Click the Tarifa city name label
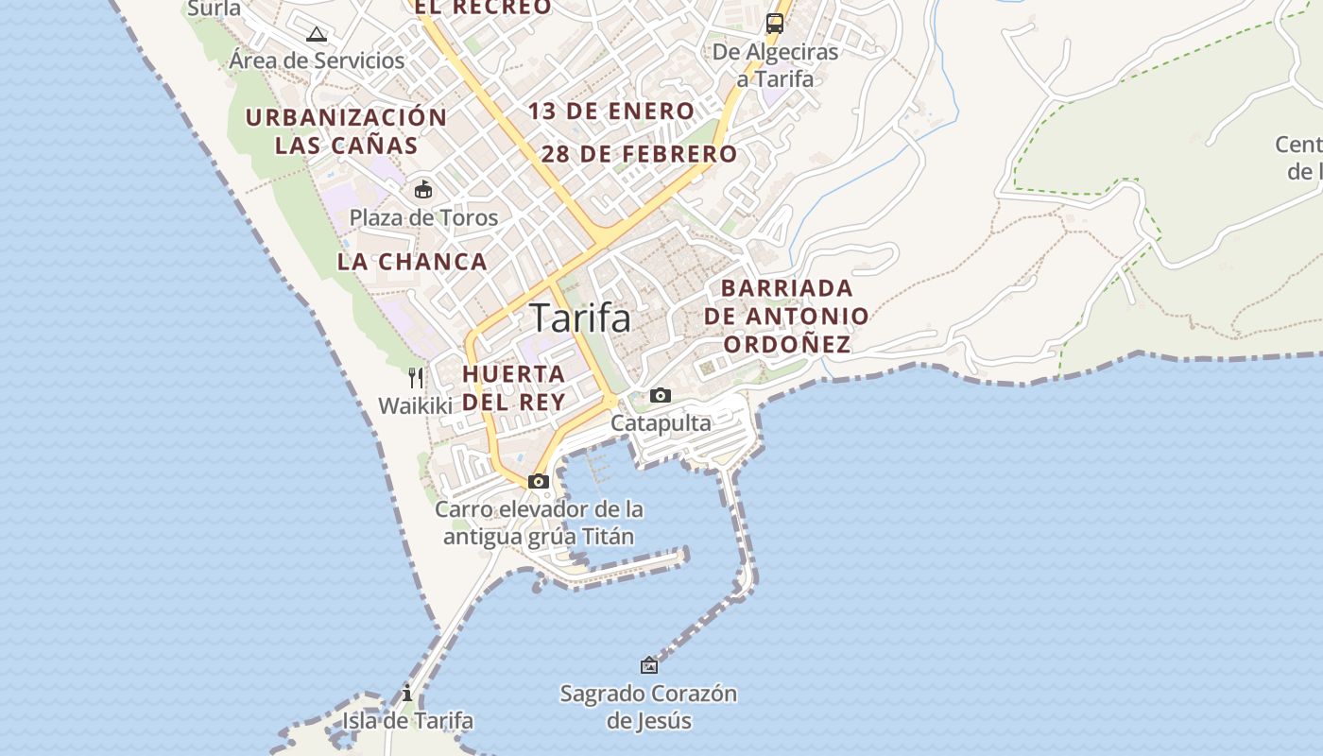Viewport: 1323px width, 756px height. click(x=579, y=318)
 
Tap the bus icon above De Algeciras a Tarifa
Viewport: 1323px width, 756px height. click(x=775, y=24)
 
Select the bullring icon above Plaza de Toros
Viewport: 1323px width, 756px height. click(x=423, y=190)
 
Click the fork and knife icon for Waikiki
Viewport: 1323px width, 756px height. click(x=416, y=378)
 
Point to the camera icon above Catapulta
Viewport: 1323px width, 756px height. click(x=661, y=395)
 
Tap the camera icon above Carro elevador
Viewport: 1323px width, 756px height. click(x=539, y=481)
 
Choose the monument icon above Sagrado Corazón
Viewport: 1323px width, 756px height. click(x=649, y=665)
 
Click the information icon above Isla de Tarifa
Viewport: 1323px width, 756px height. click(x=407, y=693)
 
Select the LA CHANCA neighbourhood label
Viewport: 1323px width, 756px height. click(x=412, y=262)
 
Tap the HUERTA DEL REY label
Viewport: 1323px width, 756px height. click(x=513, y=387)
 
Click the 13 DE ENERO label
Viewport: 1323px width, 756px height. click(x=611, y=111)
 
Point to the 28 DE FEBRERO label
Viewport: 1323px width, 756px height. click(x=639, y=153)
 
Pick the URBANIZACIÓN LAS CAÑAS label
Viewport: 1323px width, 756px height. click(x=346, y=131)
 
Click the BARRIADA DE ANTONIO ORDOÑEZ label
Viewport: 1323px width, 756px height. click(x=786, y=316)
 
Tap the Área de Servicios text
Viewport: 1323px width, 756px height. click(x=317, y=60)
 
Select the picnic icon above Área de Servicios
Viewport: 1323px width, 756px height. click(x=317, y=35)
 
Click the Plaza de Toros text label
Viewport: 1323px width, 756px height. click(x=423, y=217)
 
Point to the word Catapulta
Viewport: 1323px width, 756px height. click(x=661, y=422)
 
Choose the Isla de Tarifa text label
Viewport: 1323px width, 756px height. click(x=407, y=720)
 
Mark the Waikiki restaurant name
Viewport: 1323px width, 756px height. click(x=416, y=405)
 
